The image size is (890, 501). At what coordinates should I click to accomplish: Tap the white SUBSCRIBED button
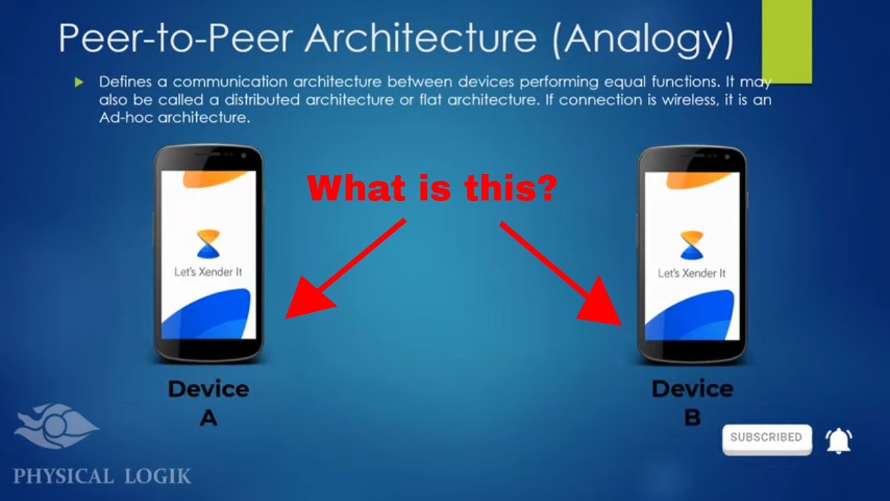[x=766, y=438]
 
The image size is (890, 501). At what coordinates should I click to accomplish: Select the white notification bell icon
[x=839, y=440]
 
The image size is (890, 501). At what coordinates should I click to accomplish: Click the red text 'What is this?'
[x=432, y=188]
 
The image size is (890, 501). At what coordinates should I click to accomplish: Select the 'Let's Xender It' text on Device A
[x=208, y=272]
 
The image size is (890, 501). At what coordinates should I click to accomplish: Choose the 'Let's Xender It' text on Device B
[x=691, y=273]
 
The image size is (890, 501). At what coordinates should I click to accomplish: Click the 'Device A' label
[x=208, y=402]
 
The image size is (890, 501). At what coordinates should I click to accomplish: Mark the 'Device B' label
[x=692, y=402]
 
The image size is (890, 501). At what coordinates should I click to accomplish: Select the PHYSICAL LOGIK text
[x=102, y=477]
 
